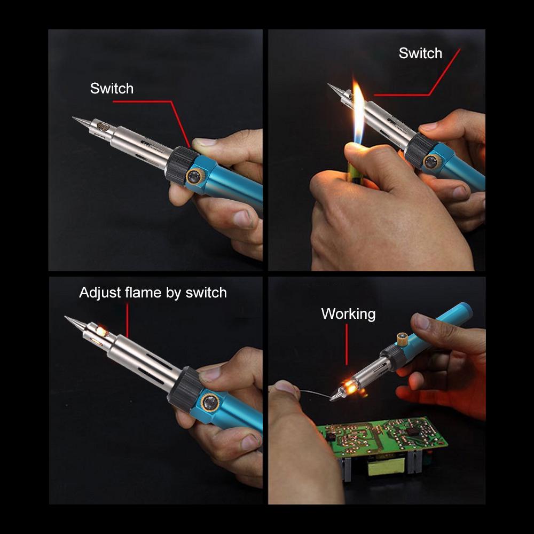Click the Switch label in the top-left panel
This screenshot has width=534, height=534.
(x=112, y=89)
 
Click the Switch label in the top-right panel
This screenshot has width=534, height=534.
(x=420, y=53)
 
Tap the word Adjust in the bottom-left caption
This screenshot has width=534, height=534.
(x=99, y=293)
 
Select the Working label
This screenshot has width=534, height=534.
(x=348, y=314)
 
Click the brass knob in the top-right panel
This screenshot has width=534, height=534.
(x=430, y=162)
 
